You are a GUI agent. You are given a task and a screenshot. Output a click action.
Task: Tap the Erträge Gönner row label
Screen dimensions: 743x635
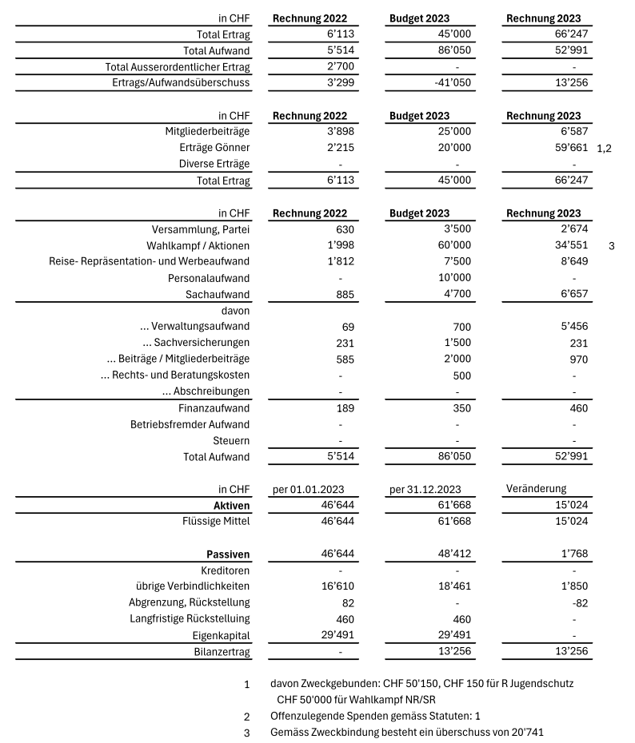click(214, 148)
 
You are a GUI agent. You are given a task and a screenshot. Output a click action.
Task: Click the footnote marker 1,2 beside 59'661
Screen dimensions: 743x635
click(604, 149)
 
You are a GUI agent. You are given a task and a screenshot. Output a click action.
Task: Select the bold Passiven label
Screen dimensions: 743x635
click(228, 554)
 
